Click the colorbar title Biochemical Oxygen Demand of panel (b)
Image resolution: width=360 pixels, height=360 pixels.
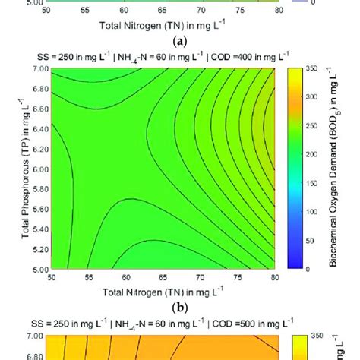click(x=334, y=169)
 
